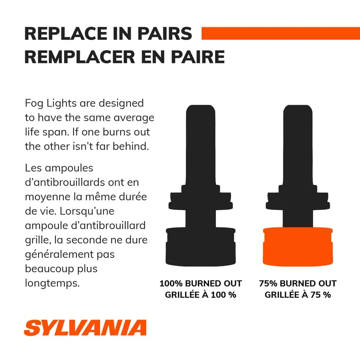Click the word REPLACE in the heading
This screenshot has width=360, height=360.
[66, 34]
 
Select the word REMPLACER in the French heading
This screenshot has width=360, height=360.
[80, 57]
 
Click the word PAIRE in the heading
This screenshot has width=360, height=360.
[198, 57]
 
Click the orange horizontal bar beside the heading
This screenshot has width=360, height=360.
[280, 33]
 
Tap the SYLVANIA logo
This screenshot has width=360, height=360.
[85, 328]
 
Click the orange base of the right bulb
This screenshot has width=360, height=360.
[298, 247]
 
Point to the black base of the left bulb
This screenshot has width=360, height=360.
[201, 247]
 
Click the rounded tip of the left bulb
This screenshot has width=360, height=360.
[201, 109]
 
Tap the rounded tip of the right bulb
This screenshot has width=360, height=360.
[298, 109]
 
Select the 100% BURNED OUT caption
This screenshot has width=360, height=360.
[201, 284]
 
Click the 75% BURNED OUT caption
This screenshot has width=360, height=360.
[298, 284]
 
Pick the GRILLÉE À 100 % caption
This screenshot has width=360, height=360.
[201, 295]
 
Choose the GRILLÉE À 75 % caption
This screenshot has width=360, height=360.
[298, 295]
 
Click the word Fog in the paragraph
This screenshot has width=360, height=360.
[34, 103]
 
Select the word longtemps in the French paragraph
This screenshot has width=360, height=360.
[52, 283]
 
